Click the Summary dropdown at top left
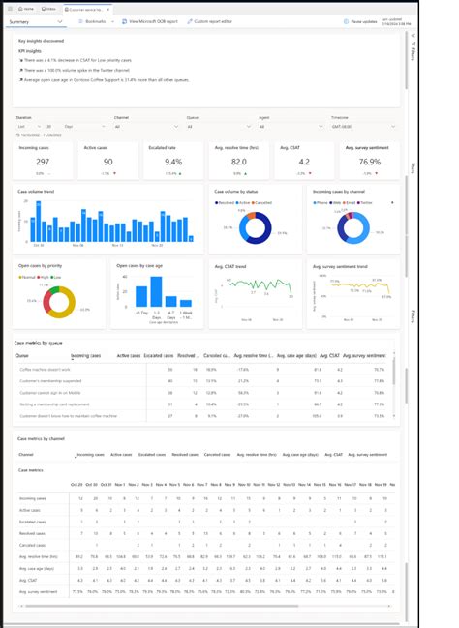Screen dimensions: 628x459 coord(35,20)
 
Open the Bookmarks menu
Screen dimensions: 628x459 coord(93,20)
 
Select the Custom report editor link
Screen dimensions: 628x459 coord(212,20)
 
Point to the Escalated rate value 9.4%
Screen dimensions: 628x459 coord(174,163)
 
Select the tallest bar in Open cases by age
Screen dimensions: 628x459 coord(156,294)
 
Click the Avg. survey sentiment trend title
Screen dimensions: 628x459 coord(340,264)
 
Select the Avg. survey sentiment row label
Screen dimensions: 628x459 coord(38,590)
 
